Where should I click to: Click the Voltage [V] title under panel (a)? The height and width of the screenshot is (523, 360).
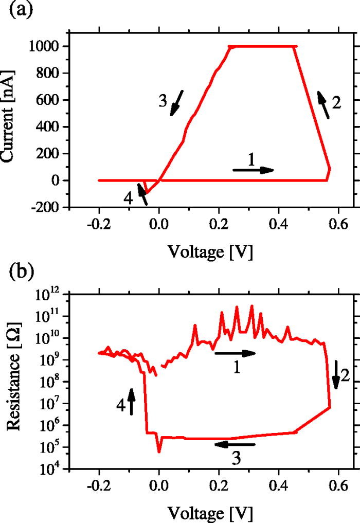212,251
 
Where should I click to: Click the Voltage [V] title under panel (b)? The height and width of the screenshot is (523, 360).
212,513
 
